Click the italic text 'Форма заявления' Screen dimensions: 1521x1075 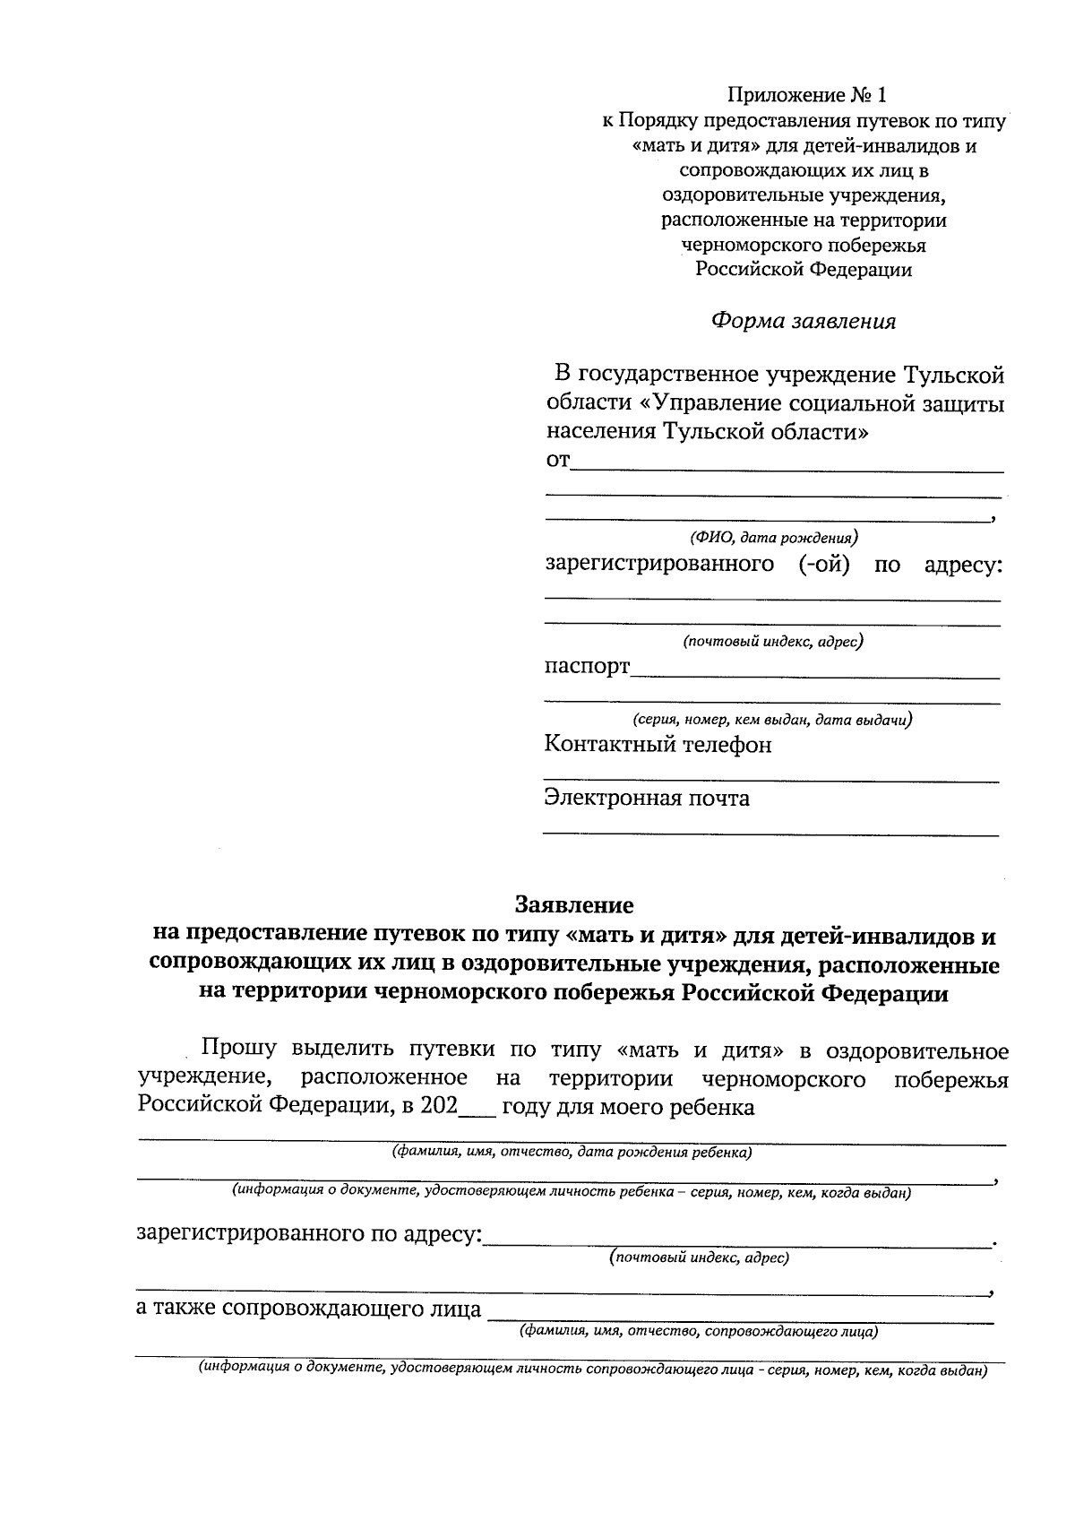803,321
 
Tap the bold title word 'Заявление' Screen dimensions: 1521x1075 573,904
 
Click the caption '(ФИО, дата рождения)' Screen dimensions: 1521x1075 773,538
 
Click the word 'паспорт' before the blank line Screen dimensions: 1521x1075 587,667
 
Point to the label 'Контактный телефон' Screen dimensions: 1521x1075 658,745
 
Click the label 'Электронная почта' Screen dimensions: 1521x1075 647,798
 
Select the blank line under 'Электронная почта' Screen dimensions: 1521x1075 770,834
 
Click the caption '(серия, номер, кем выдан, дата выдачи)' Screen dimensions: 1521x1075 772,720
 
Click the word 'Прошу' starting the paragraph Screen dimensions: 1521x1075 239,1050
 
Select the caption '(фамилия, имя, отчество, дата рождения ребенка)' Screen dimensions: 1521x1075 572,1153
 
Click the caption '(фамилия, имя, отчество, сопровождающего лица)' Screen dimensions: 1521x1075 699,1332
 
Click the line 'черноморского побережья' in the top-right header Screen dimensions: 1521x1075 804,245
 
